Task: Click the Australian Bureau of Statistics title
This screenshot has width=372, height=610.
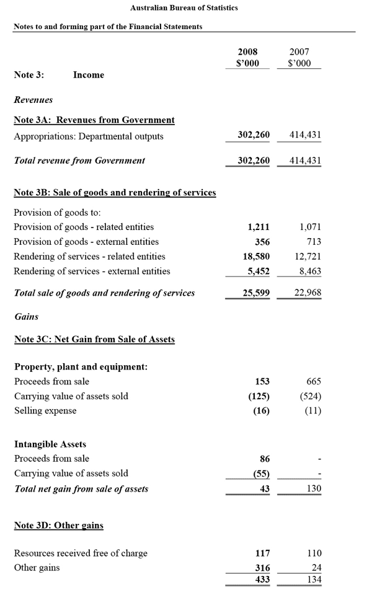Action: (184, 8)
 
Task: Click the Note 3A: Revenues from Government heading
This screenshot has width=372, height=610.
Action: (94, 120)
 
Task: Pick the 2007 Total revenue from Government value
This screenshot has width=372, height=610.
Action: (305, 161)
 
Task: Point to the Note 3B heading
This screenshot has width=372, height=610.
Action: (115, 193)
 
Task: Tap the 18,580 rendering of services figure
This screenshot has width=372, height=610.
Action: (256, 257)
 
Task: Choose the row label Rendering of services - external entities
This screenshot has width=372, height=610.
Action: (92, 271)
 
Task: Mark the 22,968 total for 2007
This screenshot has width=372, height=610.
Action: (308, 293)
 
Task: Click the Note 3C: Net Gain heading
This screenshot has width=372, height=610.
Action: (94, 340)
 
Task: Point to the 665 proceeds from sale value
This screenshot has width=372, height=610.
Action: (314, 382)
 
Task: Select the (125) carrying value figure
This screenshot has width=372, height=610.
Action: (259, 396)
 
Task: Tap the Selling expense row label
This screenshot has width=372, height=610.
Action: (45, 410)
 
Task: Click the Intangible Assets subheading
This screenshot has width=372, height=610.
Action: (50, 444)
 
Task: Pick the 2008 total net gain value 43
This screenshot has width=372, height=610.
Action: (263, 489)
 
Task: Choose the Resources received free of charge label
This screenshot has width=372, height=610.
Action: (81, 553)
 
